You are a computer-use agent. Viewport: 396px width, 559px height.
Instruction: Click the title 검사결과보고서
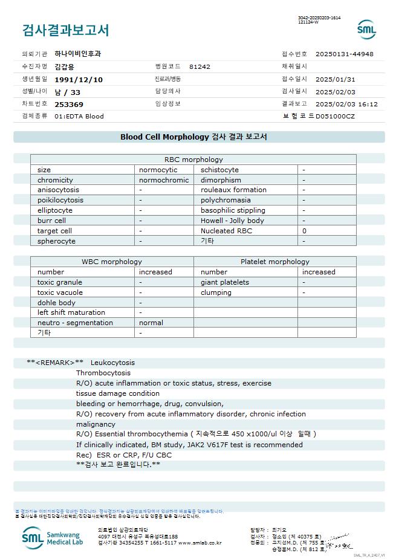coord(65,30)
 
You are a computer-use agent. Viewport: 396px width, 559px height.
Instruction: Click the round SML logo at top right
coord(366,30)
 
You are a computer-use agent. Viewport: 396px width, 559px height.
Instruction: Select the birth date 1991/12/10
coord(79,79)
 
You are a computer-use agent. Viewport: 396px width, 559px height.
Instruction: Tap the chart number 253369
coord(69,104)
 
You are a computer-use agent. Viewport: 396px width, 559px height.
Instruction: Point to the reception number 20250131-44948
coord(344,54)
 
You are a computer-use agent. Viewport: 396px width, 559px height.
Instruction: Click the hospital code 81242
coord(200,66)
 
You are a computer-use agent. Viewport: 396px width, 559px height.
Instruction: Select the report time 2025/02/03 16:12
coord(346,104)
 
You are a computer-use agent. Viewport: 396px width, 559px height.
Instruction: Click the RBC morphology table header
coord(193,160)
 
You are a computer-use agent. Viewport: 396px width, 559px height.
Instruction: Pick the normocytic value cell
coord(158,170)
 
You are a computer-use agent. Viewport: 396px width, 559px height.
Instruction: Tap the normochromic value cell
coord(164,180)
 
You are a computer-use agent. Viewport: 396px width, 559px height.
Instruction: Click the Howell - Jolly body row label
coord(232,221)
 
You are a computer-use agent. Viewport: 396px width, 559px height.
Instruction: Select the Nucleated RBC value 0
coord(304,231)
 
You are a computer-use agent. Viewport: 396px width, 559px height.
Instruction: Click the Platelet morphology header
coord(274,262)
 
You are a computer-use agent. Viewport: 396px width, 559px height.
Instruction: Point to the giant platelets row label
coord(225,282)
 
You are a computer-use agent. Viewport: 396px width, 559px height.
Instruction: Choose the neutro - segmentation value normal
coord(151,323)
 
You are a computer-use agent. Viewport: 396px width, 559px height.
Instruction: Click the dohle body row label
coord(56,302)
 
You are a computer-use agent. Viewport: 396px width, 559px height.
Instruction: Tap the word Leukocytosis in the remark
coord(112,363)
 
